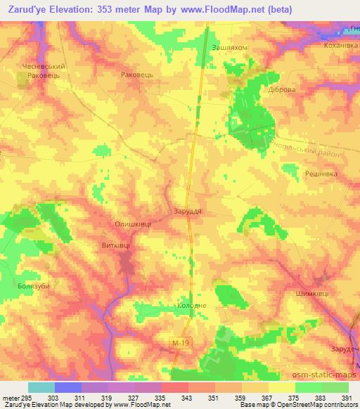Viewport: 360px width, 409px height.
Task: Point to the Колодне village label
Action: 191,306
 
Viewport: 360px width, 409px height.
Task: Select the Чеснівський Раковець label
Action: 40,69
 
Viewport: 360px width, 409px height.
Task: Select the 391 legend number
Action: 345,397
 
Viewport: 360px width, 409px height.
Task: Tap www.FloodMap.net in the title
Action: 225,10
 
